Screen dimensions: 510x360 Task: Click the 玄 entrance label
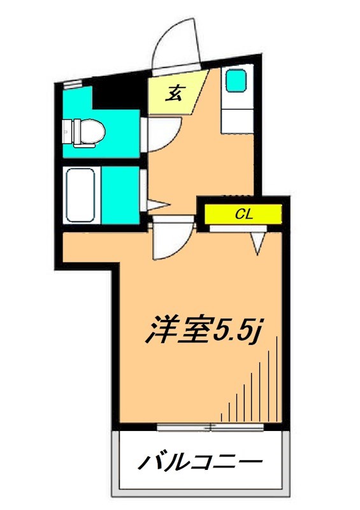coord(174,93)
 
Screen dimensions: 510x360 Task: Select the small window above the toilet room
coord(72,83)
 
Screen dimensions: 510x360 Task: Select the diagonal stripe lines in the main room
coord(255,389)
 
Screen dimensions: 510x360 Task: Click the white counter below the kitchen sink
coord(238,118)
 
